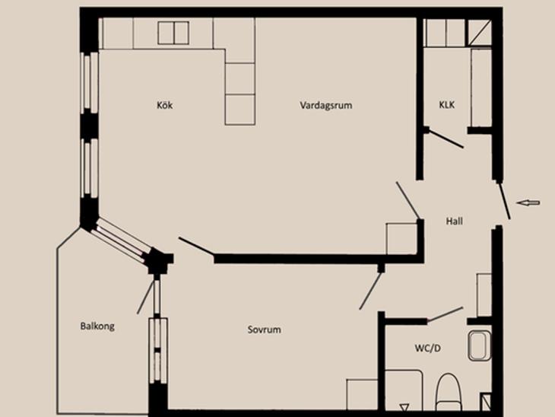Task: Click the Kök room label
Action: [165, 105]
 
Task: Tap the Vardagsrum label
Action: [326, 105]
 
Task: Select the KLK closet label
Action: [447, 105]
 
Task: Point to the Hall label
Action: [454, 221]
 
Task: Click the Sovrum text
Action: [265, 329]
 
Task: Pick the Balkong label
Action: [97, 326]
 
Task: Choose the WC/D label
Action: [428, 349]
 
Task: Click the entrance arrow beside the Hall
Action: [528, 202]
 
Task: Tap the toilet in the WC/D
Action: [448, 392]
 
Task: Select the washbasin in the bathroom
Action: [480, 345]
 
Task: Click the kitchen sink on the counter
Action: [173, 33]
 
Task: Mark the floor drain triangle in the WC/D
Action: [404, 407]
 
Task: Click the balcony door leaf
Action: [146, 297]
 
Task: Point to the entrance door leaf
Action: [504, 201]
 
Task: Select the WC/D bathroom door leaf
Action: [445, 314]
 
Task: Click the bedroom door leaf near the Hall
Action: [370, 291]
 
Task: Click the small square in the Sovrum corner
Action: [362, 395]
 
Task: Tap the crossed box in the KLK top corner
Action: [480, 33]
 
